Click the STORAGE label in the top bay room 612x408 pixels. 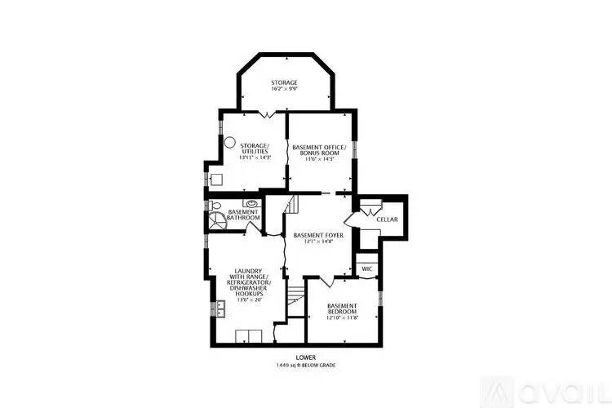284,82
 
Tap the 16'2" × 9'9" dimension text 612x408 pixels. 284,90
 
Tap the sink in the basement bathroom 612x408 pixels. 251,203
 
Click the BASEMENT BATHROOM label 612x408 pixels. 243,215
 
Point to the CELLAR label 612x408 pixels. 387,220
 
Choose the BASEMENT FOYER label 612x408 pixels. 318,234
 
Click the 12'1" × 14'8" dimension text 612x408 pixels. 318,242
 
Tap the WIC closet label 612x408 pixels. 366,268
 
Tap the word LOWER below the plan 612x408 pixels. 305,357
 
